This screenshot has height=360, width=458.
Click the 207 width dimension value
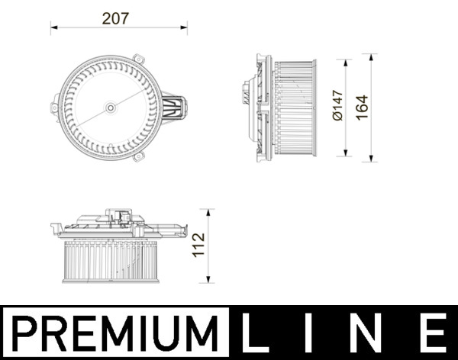click(x=118, y=18)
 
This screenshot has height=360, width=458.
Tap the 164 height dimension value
click(x=361, y=108)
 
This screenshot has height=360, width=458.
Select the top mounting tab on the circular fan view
click(x=138, y=59)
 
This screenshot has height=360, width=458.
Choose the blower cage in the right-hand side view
click(x=295, y=107)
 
